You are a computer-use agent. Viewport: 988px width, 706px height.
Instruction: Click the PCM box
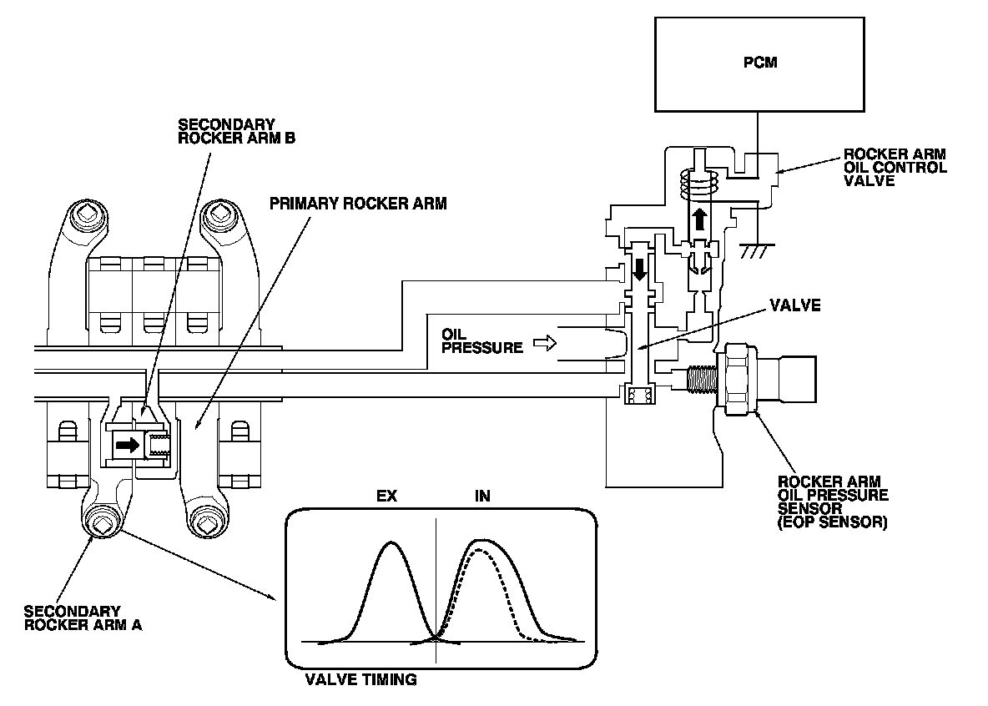pyautogui.click(x=759, y=63)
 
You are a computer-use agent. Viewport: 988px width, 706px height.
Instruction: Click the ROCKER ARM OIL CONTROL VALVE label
pyautogui.click(x=895, y=168)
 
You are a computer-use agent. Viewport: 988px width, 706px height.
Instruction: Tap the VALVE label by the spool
pyautogui.click(x=797, y=305)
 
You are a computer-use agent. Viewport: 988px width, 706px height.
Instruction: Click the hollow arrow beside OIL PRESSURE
pyautogui.click(x=543, y=342)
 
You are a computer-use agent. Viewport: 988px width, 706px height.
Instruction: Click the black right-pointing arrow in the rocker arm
pyautogui.click(x=128, y=446)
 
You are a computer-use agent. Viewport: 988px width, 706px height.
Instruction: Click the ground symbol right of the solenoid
pyautogui.click(x=757, y=245)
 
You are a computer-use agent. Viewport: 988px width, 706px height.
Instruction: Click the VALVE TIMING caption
pyautogui.click(x=360, y=680)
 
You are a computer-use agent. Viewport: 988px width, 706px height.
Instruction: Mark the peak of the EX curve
pyautogui.click(x=390, y=544)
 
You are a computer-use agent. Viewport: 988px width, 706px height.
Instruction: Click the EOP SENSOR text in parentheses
pyautogui.click(x=832, y=524)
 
